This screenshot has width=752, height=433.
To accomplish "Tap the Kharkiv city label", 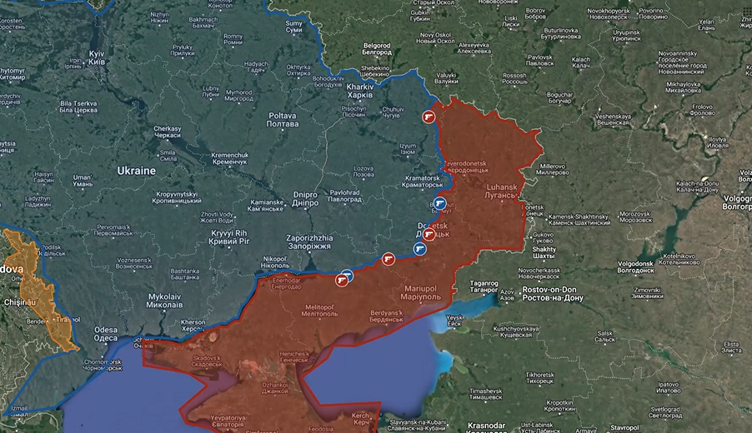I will coord(359,90).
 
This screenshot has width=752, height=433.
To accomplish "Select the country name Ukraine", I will coord(136,171).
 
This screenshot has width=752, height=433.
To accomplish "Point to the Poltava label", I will coord(282,120).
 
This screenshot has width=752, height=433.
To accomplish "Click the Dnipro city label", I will coord(305,200).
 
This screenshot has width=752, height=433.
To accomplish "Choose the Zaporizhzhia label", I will coord(308,242).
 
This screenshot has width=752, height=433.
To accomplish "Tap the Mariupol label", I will coord(426,292).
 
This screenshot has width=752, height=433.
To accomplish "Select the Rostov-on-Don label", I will coord(552,294).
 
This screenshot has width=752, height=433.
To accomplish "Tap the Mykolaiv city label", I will coord(165,301).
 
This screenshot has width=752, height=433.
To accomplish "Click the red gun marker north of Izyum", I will coord(429,117).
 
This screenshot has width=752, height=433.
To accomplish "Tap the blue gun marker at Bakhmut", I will coord(441,203).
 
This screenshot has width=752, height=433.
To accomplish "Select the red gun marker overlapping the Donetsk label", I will coord(428,235).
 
